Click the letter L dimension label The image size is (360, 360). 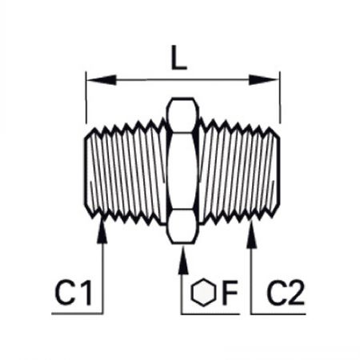click(x=178, y=58)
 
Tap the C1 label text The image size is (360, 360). click(x=73, y=293)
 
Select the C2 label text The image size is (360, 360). click(x=286, y=293)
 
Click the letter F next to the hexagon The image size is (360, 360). click(x=230, y=293)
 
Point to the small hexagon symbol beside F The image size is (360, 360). click(x=203, y=292)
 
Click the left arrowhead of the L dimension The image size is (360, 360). click(x=102, y=80)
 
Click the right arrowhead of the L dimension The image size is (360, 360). click(x=263, y=80)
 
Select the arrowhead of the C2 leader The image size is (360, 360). click(x=251, y=234)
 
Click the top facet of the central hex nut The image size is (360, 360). click(x=182, y=115)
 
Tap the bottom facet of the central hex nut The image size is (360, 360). click(x=182, y=226)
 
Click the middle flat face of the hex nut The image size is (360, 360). click(x=182, y=171)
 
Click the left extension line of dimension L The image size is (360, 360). click(x=86, y=98)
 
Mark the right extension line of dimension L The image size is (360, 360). click(x=279, y=98)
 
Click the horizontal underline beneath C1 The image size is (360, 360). click(x=77, y=314)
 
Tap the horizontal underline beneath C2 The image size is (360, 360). click(x=278, y=314)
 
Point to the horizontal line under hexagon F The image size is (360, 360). click(x=210, y=314)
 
